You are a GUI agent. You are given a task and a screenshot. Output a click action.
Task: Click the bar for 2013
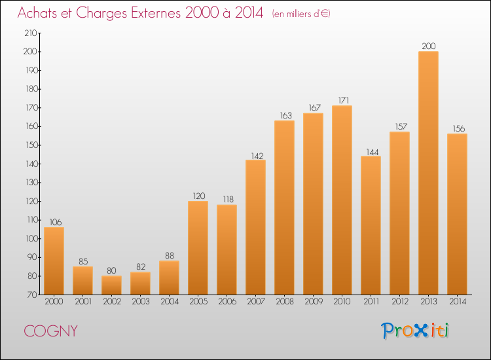click(x=428, y=173)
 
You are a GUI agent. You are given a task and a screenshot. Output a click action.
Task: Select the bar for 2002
click(x=111, y=285)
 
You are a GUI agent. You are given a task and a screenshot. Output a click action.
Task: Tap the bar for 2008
click(x=284, y=207)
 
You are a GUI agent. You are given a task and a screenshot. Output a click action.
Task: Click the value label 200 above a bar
click(x=428, y=46)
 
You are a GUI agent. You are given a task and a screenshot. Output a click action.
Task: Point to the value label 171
click(x=342, y=100)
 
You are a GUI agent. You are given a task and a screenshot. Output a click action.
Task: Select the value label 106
click(x=54, y=222)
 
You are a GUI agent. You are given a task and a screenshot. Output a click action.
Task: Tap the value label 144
click(x=371, y=151)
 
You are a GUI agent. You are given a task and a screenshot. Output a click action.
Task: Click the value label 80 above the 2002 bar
click(x=111, y=270)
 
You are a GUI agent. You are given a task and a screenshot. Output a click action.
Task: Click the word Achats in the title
click(x=40, y=14)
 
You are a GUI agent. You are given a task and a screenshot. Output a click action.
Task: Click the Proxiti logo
click(x=415, y=331)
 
